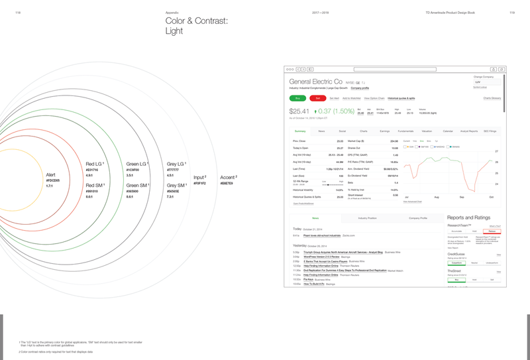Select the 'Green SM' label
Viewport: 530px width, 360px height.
click(x=137, y=186)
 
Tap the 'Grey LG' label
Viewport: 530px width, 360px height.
click(x=177, y=163)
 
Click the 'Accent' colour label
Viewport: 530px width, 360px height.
click(x=228, y=178)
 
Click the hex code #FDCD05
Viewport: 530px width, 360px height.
click(x=53, y=180)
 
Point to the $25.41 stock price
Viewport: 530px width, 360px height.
click(x=300, y=111)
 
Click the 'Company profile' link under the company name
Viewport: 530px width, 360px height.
click(x=360, y=88)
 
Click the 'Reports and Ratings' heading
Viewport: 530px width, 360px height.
click(x=469, y=217)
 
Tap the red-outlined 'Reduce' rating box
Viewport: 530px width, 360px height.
click(x=492, y=231)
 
